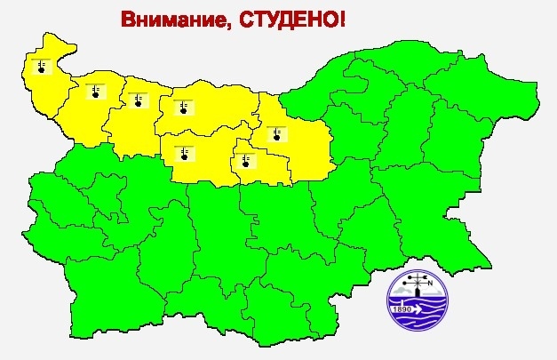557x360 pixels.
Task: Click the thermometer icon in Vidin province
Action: [x=42, y=66]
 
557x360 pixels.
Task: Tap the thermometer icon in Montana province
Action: [x=95, y=90]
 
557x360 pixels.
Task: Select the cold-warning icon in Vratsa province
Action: [x=138, y=99]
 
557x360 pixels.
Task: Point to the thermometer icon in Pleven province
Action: [x=183, y=108]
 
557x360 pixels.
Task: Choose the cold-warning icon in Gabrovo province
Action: [x=243, y=160]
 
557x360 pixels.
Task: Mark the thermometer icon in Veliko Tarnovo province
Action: [x=277, y=135]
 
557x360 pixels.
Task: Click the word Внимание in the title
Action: [x=170, y=20]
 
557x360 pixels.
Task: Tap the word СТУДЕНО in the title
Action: [x=284, y=20]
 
